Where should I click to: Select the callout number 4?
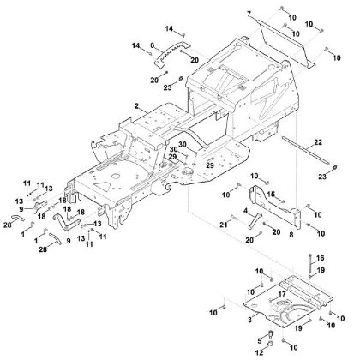[x=246, y=210]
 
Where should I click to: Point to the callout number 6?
[x=152, y=45]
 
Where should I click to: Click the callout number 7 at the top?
[x=249, y=15]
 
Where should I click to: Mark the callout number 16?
[x=321, y=256]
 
